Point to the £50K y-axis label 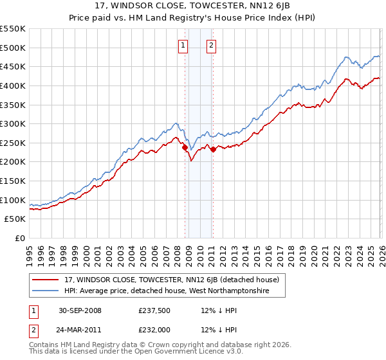pos(15,219)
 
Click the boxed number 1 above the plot pos(183,45)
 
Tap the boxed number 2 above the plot pos(211,45)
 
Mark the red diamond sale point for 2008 pos(185,147)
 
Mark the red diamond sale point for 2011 pos(213,149)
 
